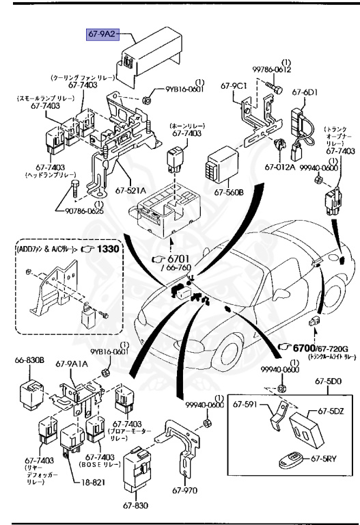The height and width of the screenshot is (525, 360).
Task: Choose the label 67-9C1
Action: click(x=234, y=86)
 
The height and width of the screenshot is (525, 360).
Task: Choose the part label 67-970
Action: click(x=184, y=489)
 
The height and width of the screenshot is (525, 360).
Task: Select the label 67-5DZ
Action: click(x=329, y=412)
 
